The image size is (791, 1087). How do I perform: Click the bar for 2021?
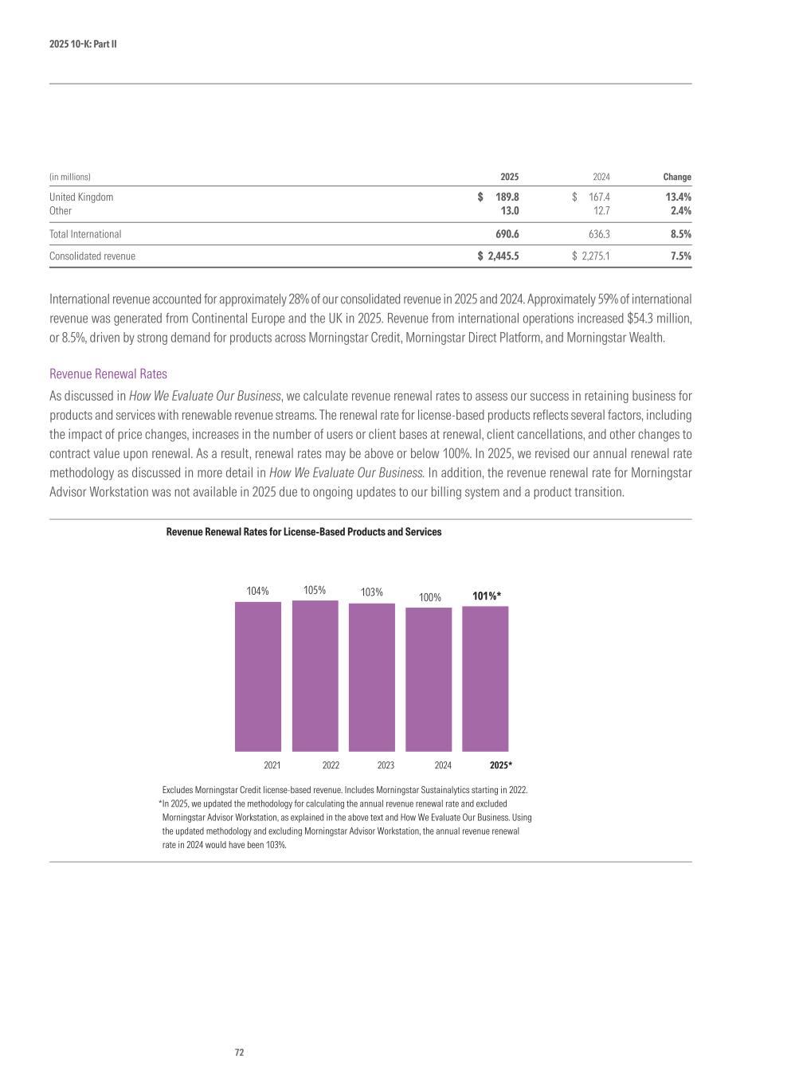(x=257, y=676)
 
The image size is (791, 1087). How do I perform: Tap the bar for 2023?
(x=371, y=677)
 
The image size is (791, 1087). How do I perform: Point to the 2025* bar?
(x=485, y=678)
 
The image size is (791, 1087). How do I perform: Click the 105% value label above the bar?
(x=315, y=590)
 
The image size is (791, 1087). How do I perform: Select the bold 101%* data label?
(x=486, y=596)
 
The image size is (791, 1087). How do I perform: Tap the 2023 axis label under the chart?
(x=386, y=765)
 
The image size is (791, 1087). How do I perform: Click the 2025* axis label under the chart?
(x=500, y=765)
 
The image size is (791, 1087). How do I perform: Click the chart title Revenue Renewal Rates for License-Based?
(x=303, y=531)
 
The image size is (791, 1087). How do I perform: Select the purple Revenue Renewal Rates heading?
(x=108, y=373)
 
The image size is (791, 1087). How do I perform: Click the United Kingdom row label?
(x=81, y=197)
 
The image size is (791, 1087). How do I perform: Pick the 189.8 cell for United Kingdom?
(x=507, y=197)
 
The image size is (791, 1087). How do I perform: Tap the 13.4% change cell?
(x=678, y=197)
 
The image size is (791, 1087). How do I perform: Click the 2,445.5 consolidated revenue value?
(x=503, y=256)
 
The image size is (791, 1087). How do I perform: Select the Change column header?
(x=677, y=177)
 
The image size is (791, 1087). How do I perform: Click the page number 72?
(x=239, y=1052)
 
